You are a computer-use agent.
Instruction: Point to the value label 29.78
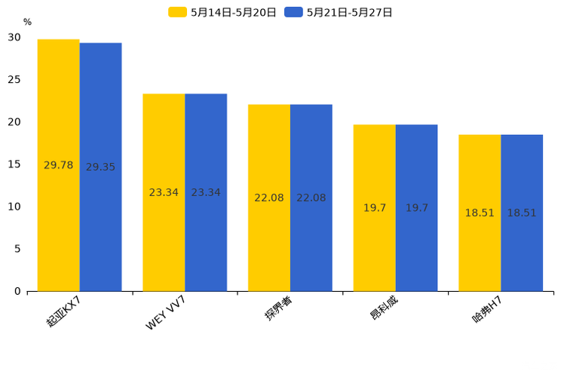click(x=58, y=165)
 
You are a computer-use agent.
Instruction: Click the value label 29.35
click(x=100, y=167)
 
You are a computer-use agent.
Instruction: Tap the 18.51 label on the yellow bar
click(x=480, y=213)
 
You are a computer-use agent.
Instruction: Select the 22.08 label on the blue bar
click(x=311, y=198)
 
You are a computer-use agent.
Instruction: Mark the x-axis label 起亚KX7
click(x=63, y=311)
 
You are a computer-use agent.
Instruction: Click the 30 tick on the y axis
click(x=14, y=37)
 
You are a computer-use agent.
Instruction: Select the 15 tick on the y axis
click(x=14, y=164)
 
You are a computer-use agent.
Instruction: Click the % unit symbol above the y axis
click(x=27, y=23)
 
